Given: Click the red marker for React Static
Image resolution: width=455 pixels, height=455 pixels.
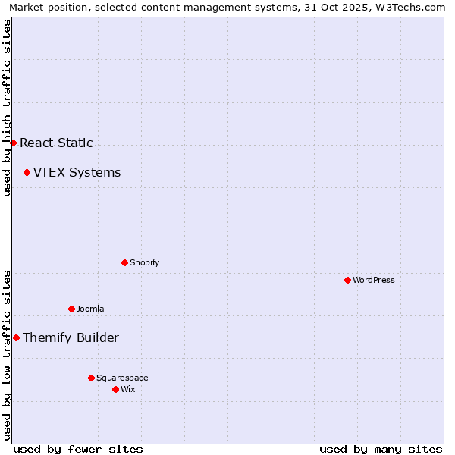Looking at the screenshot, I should pyautogui.click(x=13, y=143).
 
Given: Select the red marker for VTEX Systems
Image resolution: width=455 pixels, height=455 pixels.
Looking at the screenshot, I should pyautogui.click(x=27, y=172).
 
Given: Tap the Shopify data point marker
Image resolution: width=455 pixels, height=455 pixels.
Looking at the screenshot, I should pyautogui.click(x=124, y=262).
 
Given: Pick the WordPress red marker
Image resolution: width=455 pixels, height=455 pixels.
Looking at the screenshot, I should pyautogui.click(x=347, y=280).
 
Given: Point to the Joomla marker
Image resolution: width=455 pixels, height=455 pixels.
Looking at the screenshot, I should pyautogui.click(x=71, y=309).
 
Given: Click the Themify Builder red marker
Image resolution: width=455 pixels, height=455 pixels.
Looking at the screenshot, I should pyautogui.click(x=16, y=337).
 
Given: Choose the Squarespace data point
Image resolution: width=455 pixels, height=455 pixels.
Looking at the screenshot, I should pyautogui.click(x=91, y=378).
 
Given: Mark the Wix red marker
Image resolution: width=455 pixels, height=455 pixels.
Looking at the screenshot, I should pyautogui.click(x=115, y=389).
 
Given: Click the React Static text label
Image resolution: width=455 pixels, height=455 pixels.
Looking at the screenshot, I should pyautogui.click(x=56, y=143).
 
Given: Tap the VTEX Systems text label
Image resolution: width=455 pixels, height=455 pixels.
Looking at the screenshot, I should pyautogui.click(x=77, y=172).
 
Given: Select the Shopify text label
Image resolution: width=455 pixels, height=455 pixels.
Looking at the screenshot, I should pyautogui.click(x=144, y=262).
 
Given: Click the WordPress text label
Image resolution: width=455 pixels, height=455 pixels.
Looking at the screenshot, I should pyautogui.click(x=373, y=280).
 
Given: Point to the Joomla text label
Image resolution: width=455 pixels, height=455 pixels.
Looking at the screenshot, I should pyautogui.click(x=90, y=309).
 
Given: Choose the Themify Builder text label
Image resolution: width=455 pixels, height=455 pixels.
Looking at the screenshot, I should pyautogui.click(x=71, y=337).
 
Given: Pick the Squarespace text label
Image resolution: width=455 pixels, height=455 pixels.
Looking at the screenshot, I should pyautogui.click(x=122, y=378).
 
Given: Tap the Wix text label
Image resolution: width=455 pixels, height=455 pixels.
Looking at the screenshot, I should pyautogui.click(x=127, y=389).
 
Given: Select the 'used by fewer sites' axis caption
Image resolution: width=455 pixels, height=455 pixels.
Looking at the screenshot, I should pyautogui.click(x=78, y=449).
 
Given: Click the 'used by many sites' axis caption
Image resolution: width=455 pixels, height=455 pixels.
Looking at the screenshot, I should pyautogui.click(x=381, y=449).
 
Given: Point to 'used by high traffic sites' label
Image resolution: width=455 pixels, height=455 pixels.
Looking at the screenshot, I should pyautogui.click(x=8, y=108).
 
